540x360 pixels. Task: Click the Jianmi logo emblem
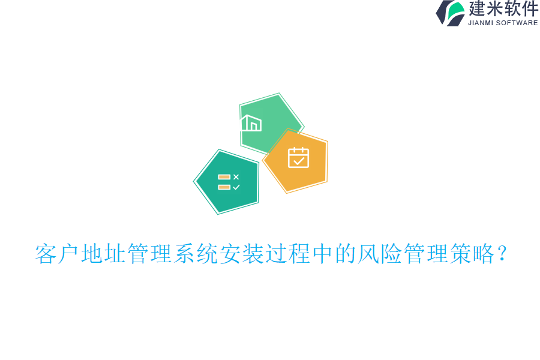coord(451,13)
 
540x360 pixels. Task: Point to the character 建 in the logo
coord(477,8)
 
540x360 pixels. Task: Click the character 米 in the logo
coord(495,8)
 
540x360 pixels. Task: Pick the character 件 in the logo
coord(530,8)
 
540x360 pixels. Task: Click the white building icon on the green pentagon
coord(251,123)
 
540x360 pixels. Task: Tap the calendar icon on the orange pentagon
coord(298,157)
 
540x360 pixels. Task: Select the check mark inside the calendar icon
coord(298,160)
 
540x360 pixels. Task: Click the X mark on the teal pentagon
coord(236,177)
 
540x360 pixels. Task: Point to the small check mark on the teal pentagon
coord(236,187)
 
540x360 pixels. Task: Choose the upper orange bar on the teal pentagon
coord(224,177)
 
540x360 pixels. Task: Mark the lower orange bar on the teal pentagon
coord(224,187)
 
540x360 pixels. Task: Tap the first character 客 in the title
coord(46,254)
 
